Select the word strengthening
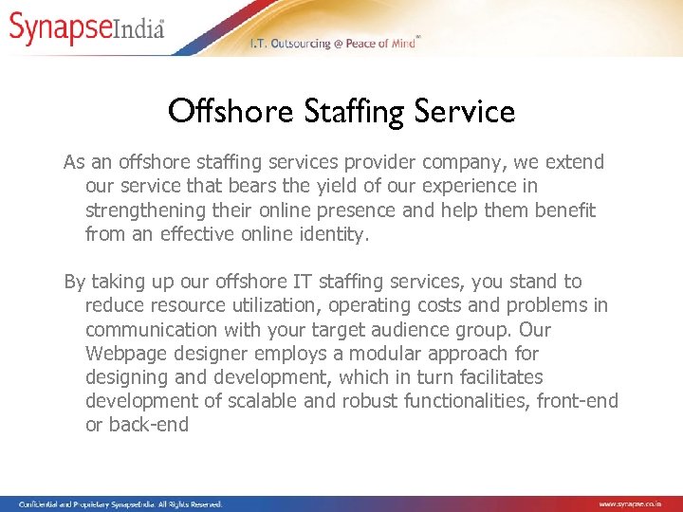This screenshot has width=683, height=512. (x=142, y=210)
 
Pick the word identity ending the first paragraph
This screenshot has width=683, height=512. (x=332, y=233)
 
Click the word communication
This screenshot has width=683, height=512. (x=152, y=329)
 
